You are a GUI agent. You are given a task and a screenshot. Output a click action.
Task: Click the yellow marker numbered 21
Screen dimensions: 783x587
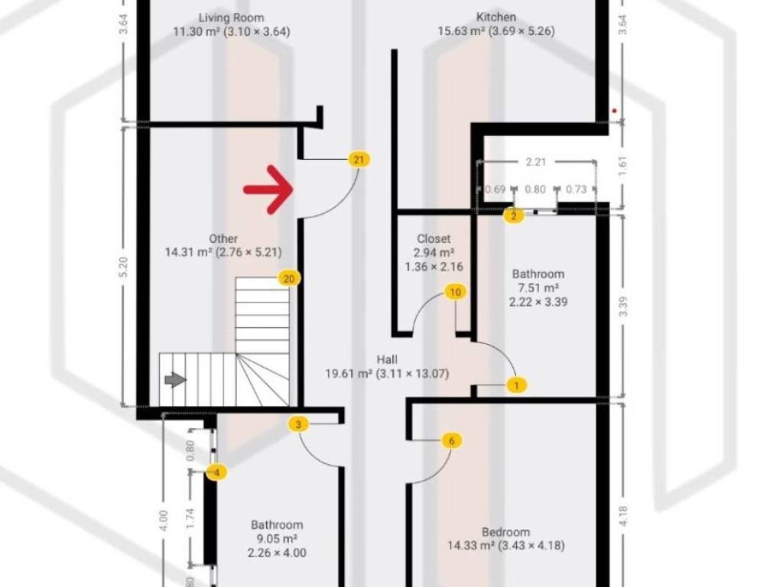359,160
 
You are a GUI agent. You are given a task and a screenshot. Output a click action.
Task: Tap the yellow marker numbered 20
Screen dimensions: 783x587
289,278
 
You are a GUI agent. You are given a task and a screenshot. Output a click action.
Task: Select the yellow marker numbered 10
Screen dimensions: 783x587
455,292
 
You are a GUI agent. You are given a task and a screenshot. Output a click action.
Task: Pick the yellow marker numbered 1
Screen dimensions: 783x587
516,385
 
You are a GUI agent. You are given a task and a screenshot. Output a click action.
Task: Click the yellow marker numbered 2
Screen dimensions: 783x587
514,216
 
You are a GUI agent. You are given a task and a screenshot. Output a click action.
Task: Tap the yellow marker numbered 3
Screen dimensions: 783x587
299,425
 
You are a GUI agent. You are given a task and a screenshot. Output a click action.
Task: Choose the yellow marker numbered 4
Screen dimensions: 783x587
216,472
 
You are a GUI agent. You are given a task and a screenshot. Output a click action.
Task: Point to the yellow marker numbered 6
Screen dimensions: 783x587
452,441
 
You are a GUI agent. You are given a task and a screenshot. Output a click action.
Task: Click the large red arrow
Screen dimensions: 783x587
268,190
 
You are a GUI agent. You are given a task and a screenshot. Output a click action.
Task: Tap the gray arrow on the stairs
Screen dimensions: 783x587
175,380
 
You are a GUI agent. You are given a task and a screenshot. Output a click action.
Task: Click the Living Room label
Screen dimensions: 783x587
231,18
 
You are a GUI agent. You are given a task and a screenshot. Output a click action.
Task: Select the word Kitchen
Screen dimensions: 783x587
495,17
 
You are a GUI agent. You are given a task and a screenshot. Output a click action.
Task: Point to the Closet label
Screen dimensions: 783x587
434,238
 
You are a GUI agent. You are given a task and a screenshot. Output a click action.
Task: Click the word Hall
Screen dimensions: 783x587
387,359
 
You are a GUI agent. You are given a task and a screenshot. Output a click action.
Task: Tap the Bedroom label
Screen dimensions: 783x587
506,532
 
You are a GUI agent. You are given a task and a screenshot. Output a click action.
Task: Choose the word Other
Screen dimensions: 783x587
223,238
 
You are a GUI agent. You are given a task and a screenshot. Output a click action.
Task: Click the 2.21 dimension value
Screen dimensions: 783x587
536,162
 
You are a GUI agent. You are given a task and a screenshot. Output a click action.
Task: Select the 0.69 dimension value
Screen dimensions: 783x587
495,190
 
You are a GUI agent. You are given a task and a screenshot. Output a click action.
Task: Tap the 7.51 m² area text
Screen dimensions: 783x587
538,287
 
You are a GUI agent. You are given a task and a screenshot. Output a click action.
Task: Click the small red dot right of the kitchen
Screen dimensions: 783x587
614,111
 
